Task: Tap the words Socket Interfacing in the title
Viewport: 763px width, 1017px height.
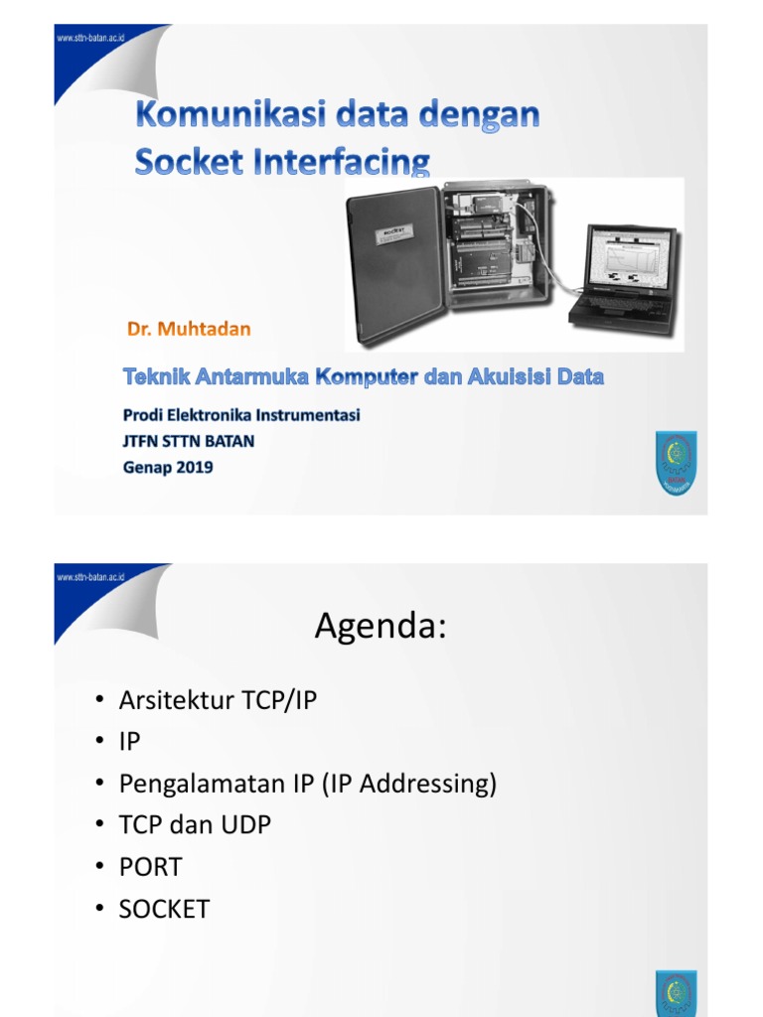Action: [283, 161]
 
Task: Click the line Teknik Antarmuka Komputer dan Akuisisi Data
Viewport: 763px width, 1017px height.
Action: [364, 377]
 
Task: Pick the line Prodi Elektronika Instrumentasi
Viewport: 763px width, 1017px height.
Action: [241, 415]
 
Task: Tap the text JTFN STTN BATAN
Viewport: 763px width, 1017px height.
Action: [189, 441]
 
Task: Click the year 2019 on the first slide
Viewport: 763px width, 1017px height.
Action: [192, 467]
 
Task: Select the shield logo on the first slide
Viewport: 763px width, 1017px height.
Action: [676, 463]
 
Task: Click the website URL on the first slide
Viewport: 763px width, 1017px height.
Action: [91, 38]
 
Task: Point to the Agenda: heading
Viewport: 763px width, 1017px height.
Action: [381, 627]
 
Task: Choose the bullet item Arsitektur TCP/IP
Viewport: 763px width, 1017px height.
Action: [218, 700]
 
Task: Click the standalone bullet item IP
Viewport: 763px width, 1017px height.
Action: [130, 742]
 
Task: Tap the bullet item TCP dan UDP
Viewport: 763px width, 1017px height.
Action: [195, 825]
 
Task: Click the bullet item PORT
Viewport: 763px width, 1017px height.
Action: [151, 867]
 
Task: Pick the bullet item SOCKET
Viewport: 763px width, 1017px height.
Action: [164, 909]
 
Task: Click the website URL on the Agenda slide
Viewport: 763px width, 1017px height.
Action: [91, 577]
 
